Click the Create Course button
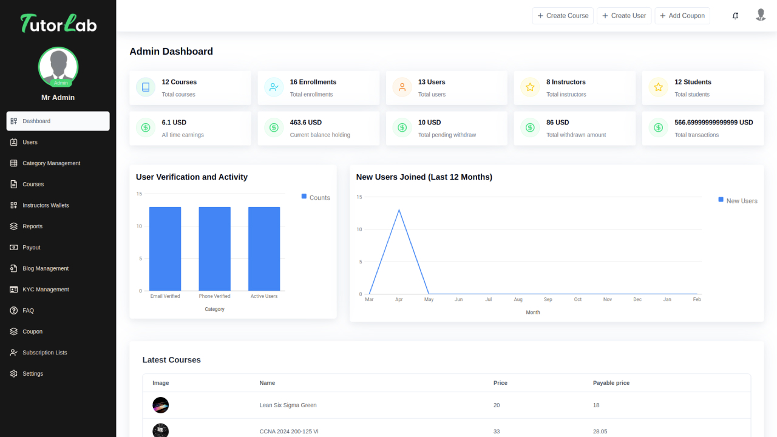pos(563,16)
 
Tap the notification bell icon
pos(735,16)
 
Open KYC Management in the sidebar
pos(46,290)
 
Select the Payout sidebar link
pos(32,248)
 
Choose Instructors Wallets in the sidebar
pos(46,205)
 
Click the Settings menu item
pos(33,374)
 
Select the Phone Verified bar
pos(214,249)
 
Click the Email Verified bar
pos(165,249)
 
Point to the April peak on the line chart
pos(399,210)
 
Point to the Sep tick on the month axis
pos(548,299)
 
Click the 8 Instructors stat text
pos(566,82)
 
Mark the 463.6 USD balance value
pos(305,123)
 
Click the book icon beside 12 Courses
pos(146,87)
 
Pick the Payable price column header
pos(611,383)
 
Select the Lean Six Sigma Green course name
pos(288,405)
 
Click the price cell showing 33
pos(497,432)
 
